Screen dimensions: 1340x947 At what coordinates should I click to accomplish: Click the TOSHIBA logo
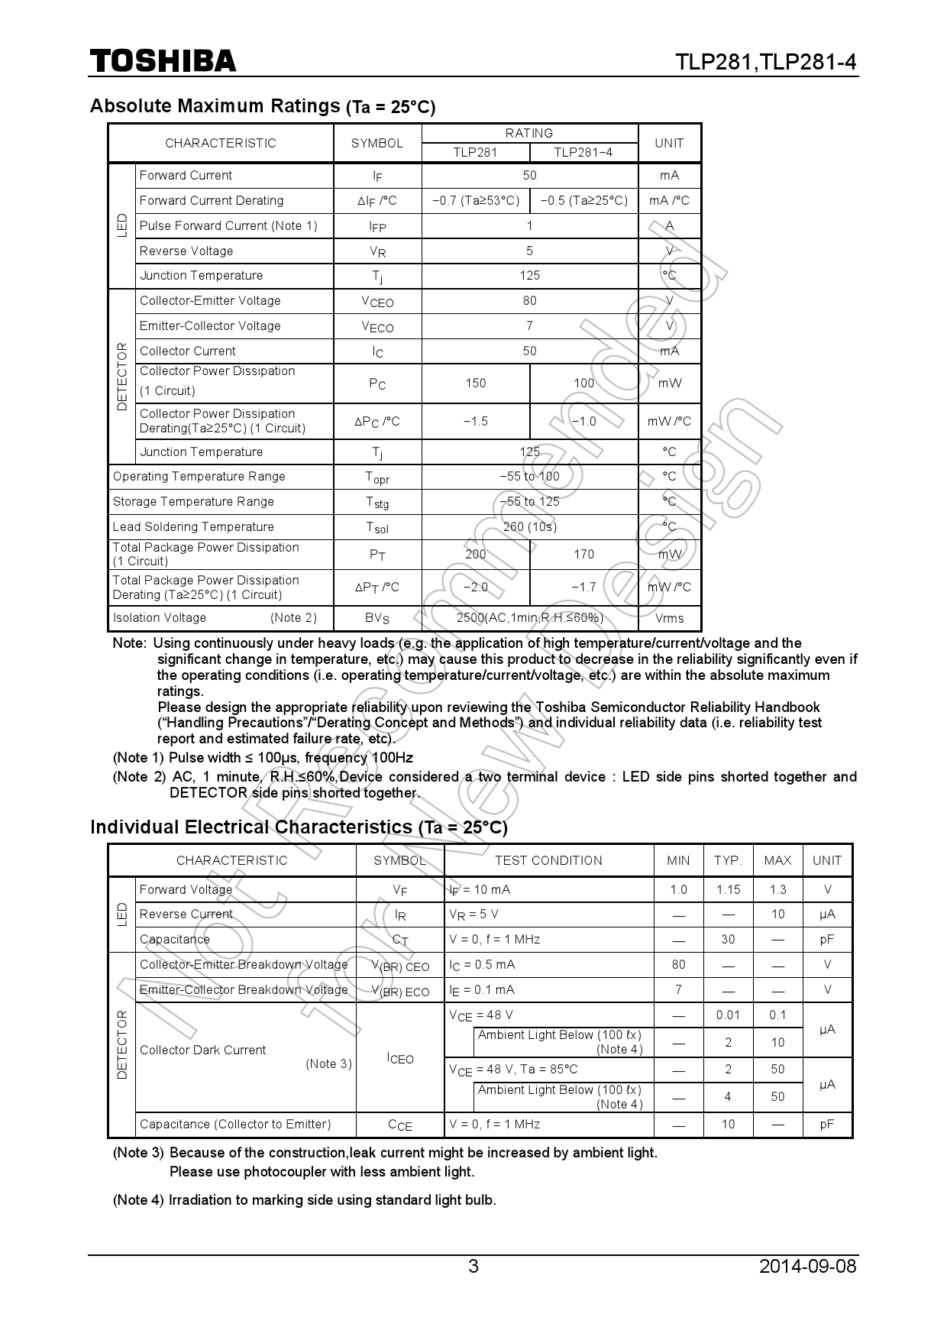click(163, 61)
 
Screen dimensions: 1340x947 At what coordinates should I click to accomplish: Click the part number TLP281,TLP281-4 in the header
click(765, 62)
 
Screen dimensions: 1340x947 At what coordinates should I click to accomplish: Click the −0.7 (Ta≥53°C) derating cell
click(475, 200)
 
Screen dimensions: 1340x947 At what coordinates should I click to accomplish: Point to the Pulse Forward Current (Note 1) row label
click(228, 225)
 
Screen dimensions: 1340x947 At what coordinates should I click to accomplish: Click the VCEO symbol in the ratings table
click(377, 301)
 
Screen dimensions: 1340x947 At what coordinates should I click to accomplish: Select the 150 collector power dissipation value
click(475, 383)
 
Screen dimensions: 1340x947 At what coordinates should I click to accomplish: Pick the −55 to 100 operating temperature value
click(529, 476)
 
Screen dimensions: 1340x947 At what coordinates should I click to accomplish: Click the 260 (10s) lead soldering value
click(529, 526)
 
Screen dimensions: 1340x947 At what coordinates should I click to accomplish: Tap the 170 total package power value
click(583, 554)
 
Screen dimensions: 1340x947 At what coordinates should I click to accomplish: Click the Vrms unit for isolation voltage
click(669, 618)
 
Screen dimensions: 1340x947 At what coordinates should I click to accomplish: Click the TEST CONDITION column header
click(548, 860)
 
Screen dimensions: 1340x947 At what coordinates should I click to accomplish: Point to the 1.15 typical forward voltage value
click(728, 889)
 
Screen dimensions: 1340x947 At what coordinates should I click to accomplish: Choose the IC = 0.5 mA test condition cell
click(482, 964)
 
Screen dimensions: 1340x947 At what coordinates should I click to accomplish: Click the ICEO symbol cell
click(399, 1058)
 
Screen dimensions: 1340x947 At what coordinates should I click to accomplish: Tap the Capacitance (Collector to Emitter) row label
click(235, 1124)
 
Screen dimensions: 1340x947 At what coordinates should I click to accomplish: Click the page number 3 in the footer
click(473, 1267)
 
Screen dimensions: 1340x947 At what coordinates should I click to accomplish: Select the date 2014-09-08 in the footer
click(808, 1267)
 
